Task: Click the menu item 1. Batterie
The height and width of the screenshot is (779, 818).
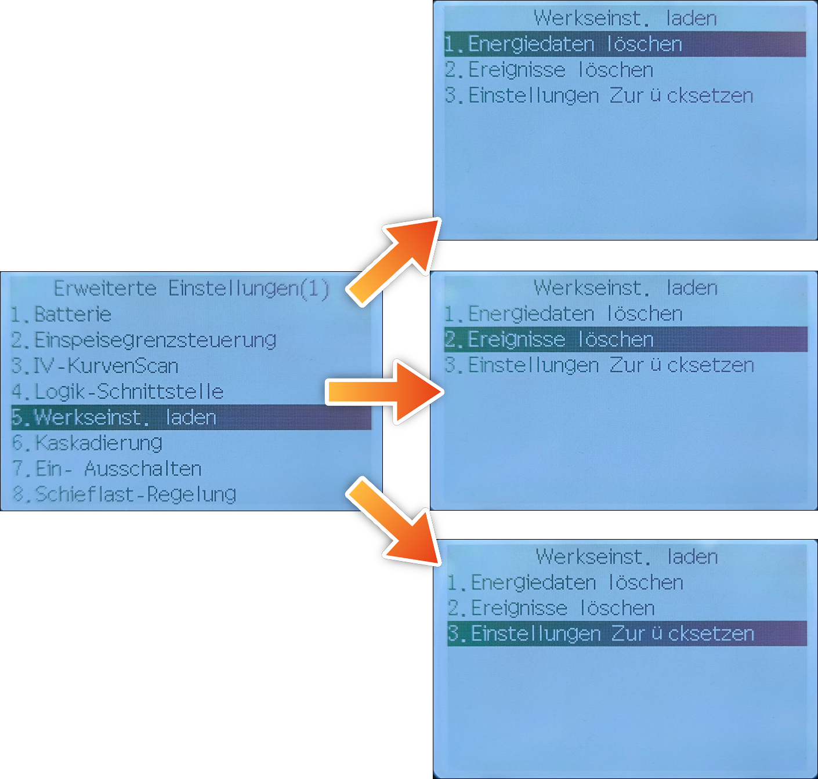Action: pyautogui.click(x=61, y=314)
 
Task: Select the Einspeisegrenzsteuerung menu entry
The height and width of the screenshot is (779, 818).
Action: pyautogui.click(x=143, y=340)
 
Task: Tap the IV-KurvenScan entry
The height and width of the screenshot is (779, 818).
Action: pyautogui.click(x=95, y=366)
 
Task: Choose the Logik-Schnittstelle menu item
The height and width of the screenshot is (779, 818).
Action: pyautogui.click(x=117, y=392)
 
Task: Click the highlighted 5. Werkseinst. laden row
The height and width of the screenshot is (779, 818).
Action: pyautogui.click(x=191, y=417)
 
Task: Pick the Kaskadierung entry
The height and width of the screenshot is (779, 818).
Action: pyautogui.click(x=86, y=443)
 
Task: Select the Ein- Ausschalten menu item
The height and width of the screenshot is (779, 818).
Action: pyautogui.click(x=107, y=469)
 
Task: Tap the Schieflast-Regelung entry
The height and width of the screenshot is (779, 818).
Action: pyautogui.click(x=124, y=494)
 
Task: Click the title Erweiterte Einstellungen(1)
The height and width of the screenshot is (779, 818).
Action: pyautogui.click(x=191, y=289)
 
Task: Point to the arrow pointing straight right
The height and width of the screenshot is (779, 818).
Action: pyautogui.click(x=385, y=392)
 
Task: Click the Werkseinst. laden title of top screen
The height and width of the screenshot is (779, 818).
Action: pyautogui.click(x=625, y=19)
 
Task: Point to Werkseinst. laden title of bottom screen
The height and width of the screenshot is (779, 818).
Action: pyautogui.click(x=627, y=557)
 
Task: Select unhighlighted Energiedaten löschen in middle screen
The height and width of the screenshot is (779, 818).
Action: pyautogui.click(x=563, y=314)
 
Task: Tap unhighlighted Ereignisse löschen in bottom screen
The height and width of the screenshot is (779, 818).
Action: pyautogui.click(x=551, y=608)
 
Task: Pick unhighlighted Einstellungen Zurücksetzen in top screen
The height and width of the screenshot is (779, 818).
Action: pyautogui.click(x=599, y=96)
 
